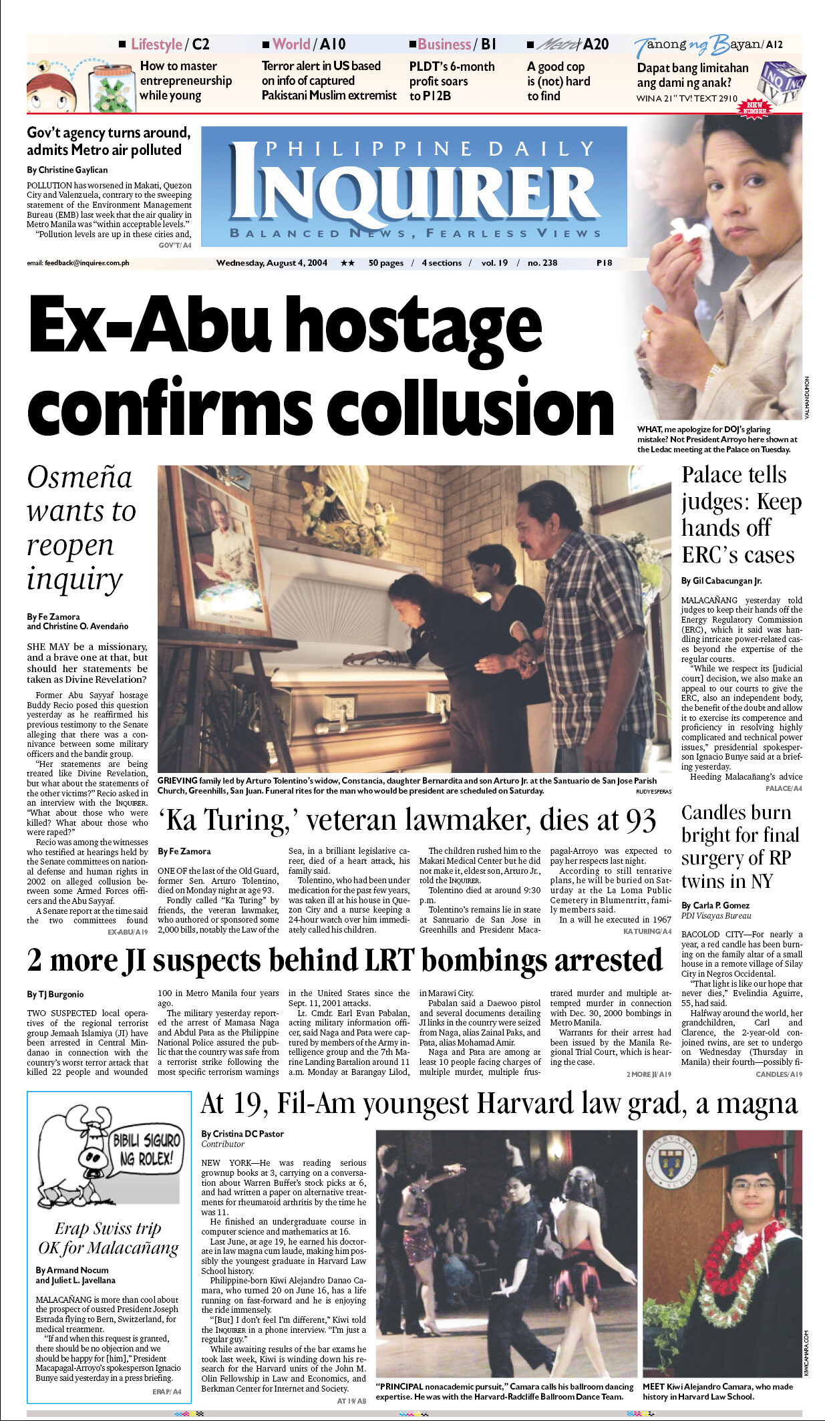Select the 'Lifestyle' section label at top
pyautogui.click(x=156, y=45)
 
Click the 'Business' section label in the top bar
pyautogui.click(x=444, y=45)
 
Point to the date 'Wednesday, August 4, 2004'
pyautogui.click(x=271, y=263)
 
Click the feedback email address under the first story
pyautogui.click(x=78, y=263)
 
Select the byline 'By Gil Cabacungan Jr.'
pyautogui.click(x=721, y=581)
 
